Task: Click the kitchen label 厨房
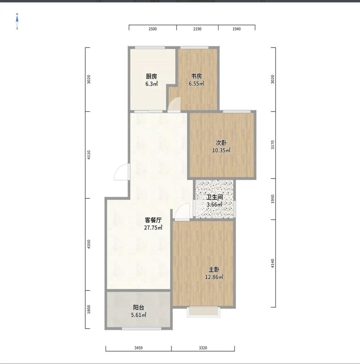(151, 76)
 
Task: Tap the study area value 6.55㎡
(196, 84)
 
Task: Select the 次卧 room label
(221, 143)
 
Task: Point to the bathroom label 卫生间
(215, 197)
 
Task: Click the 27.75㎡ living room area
(153, 227)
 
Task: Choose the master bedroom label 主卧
(214, 269)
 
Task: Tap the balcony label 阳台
(139, 307)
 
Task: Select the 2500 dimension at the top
(153, 29)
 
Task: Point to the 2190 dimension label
(197, 29)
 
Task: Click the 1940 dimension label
(236, 29)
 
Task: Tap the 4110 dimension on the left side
(89, 155)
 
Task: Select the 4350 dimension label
(89, 244)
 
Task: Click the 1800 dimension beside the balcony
(89, 310)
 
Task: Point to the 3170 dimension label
(273, 145)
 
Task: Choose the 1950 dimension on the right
(273, 199)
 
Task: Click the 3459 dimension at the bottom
(138, 348)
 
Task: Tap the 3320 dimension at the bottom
(203, 348)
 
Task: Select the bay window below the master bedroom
(203, 312)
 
